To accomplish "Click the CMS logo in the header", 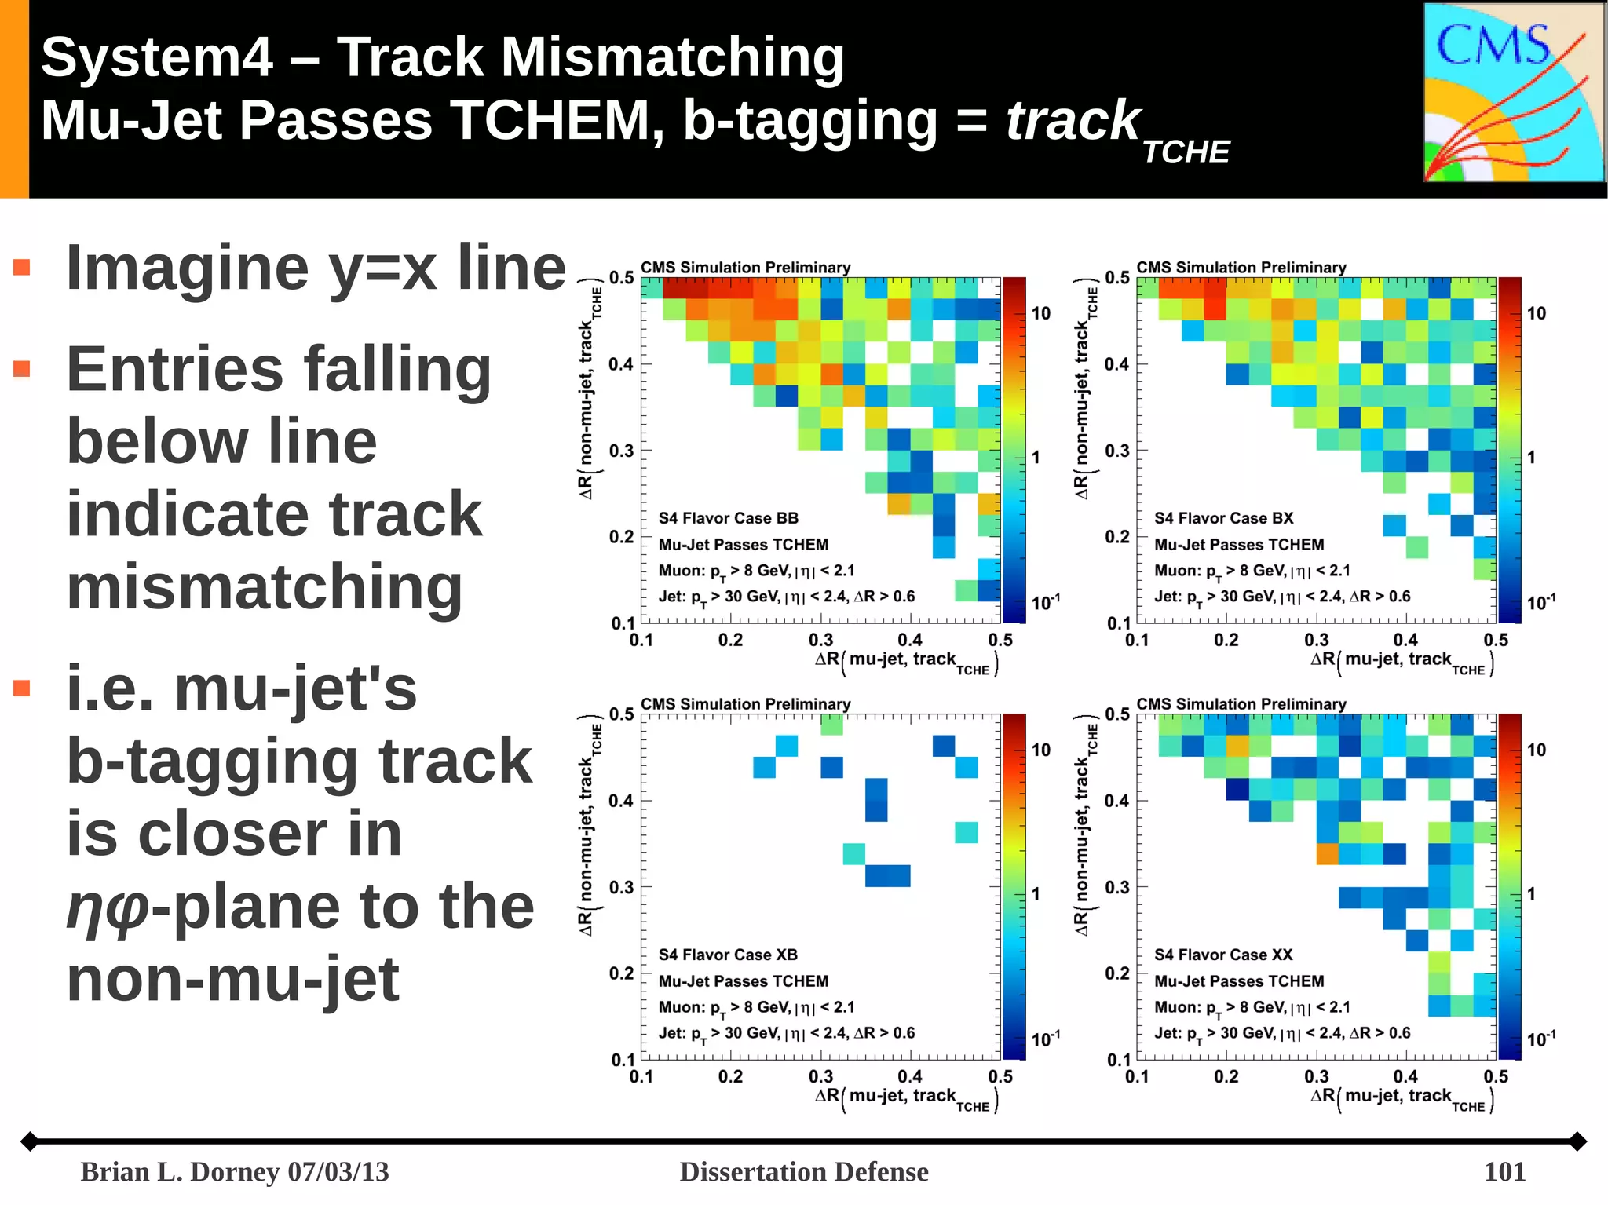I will [1513, 93].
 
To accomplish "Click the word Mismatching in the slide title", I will [672, 57].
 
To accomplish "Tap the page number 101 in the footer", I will [1504, 1171].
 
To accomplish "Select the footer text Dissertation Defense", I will [803, 1171].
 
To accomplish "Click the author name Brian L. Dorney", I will [180, 1171].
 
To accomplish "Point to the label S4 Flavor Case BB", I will [728, 518].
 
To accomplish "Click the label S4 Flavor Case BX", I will [1223, 518].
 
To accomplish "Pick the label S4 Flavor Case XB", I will [728, 955].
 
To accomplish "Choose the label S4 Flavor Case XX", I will [1223, 955].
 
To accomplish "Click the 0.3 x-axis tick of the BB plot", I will [820, 640].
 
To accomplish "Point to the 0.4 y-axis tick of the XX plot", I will [1116, 801].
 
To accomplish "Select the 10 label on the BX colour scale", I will [1536, 314].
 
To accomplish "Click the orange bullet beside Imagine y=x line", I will [22, 268].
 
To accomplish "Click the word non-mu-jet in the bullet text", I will [233, 979].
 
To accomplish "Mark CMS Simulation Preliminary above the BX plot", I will [1241, 268].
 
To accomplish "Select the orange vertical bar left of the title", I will [14, 98].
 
